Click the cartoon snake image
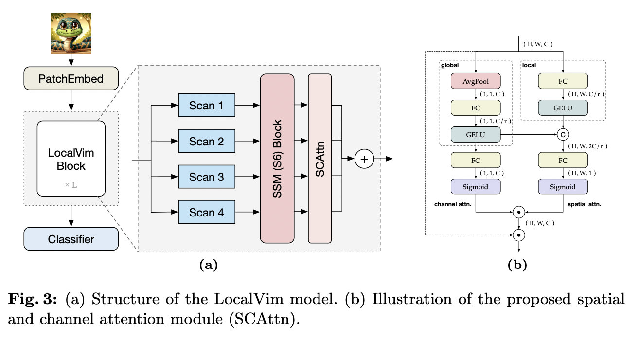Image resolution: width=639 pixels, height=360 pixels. [71, 34]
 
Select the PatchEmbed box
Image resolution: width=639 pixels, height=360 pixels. [71, 78]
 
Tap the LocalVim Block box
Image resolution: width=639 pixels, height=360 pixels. [71, 159]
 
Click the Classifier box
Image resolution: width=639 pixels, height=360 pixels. [71, 239]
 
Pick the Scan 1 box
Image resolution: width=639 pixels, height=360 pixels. [207, 106]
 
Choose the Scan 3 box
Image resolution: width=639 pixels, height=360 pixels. [207, 177]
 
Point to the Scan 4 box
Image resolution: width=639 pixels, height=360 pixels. [207, 213]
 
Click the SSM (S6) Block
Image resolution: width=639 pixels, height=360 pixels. [277, 159]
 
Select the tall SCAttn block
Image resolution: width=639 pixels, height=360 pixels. [319, 159]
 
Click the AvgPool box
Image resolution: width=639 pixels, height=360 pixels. [476, 81]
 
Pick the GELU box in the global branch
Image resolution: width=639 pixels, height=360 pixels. [476, 134]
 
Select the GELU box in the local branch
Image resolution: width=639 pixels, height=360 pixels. [563, 108]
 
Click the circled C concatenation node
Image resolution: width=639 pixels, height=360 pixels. [563, 134]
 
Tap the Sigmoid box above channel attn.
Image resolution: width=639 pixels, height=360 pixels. [476, 187]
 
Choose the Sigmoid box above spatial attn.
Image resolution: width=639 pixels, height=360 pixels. [563, 187]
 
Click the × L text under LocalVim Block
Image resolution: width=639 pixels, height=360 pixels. [71, 185]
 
